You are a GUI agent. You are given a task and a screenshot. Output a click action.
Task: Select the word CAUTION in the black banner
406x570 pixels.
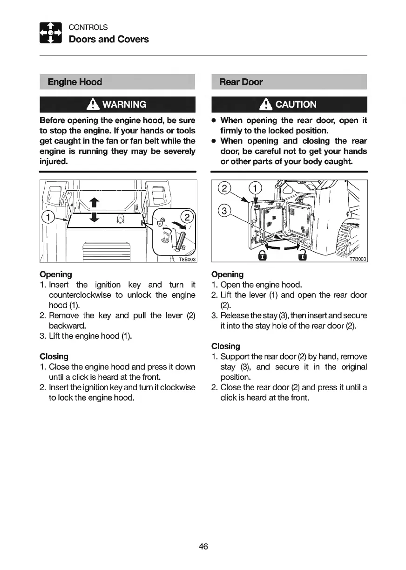296,104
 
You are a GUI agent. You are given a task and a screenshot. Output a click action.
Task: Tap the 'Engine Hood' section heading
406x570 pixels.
75,82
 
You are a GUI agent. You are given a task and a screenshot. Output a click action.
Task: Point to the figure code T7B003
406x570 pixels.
358,260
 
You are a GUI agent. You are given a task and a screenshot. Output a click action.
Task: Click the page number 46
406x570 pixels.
203,546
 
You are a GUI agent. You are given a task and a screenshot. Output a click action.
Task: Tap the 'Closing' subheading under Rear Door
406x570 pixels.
226,346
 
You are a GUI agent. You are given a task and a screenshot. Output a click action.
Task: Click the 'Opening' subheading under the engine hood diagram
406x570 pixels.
56,274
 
